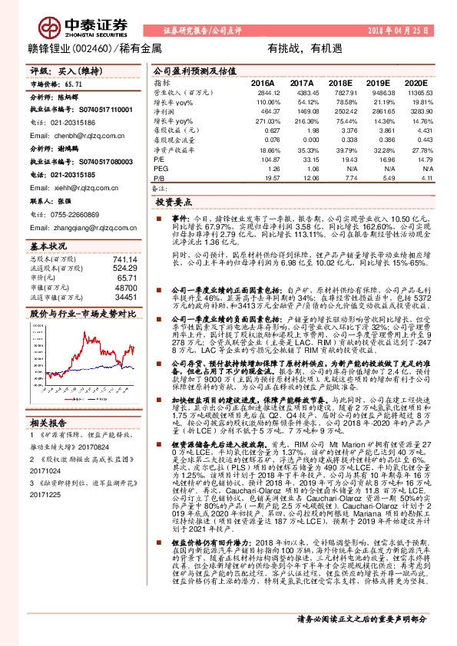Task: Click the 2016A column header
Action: (263, 83)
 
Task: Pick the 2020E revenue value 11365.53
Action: (411, 92)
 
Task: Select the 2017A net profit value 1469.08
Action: (300, 111)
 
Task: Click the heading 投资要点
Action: (174, 203)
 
